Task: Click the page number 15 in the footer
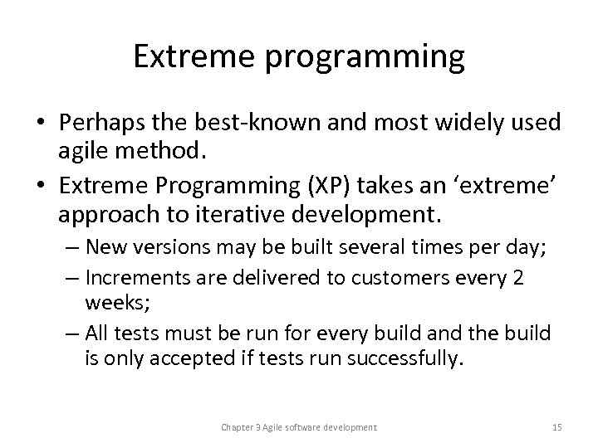tap(557, 426)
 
